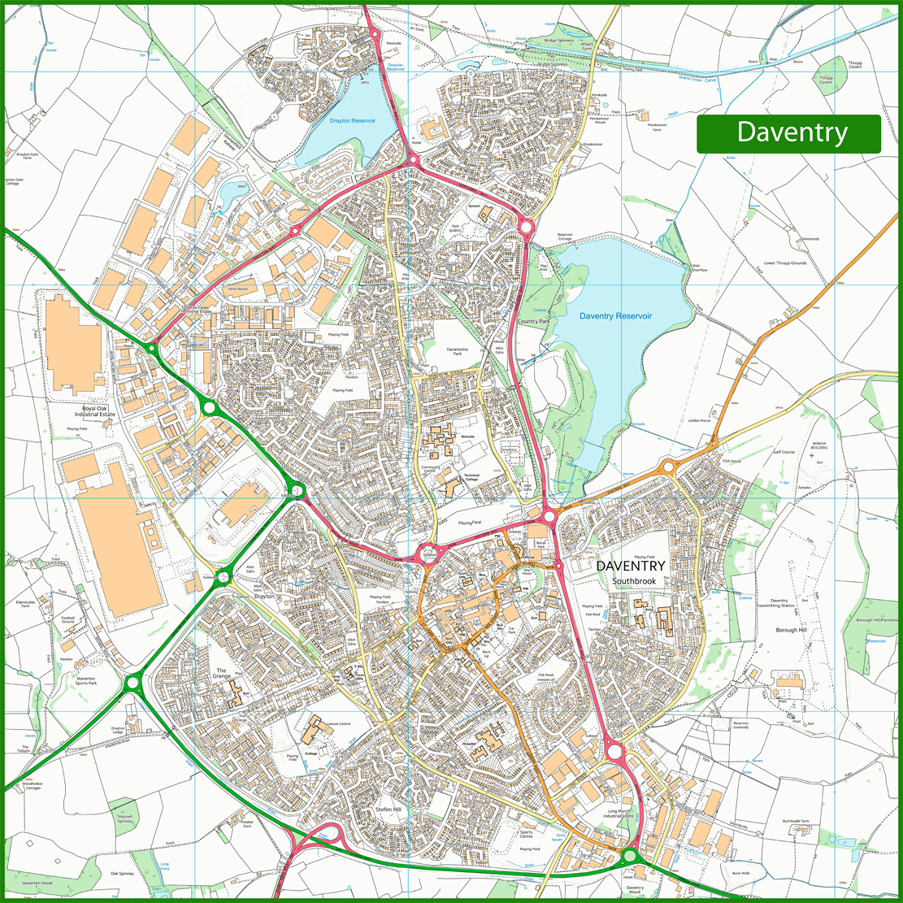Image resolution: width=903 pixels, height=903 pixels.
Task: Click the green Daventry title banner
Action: [788, 133]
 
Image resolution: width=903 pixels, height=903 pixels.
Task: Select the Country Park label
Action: [533, 322]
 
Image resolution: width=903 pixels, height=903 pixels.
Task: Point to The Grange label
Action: [222, 673]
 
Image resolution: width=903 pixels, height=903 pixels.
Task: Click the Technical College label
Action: [472, 477]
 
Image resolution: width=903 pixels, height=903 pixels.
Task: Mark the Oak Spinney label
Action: [126, 874]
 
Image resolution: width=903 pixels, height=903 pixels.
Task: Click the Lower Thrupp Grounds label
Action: [784, 263]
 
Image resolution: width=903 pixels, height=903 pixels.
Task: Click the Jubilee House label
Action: [699, 420]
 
